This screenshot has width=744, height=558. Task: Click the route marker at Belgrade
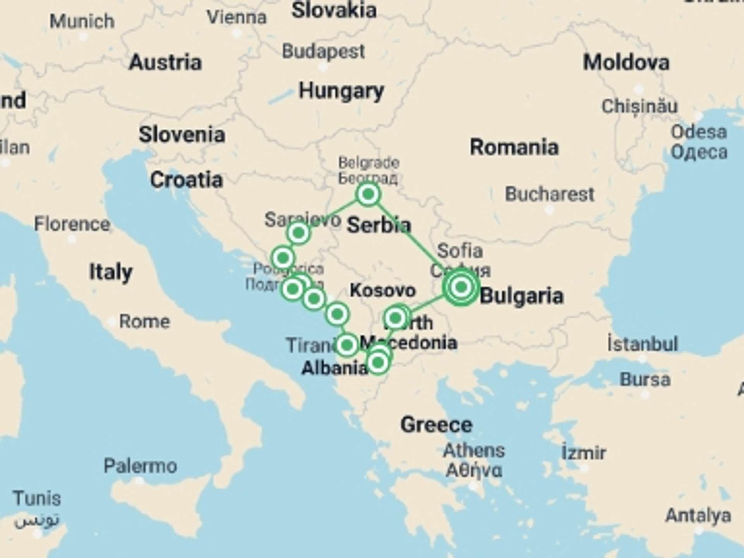[368, 194]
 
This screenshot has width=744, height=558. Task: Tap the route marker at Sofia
[461, 287]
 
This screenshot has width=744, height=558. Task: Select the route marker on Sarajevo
[298, 233]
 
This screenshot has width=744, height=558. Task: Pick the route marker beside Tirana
[347, 344]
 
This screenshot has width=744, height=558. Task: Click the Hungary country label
[341, 91]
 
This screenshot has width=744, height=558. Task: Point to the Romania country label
[514, 147]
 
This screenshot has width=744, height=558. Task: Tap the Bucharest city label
[549, 194]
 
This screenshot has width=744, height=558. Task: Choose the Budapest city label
[323, 52]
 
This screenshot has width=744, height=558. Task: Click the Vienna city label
[236, 17]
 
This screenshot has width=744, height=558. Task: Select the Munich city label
[82, 21]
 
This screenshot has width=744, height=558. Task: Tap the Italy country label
[111, 272]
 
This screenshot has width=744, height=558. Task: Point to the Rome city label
[144, 321]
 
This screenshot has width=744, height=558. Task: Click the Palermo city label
[140, 465]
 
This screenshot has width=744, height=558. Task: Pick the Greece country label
[436, 425]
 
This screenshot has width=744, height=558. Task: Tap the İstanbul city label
[642, 344]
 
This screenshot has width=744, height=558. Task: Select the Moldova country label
[626, 63]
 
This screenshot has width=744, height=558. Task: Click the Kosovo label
[382, 290]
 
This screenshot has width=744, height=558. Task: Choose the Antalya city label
[698, 515]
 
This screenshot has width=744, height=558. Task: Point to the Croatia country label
[186, 180]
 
